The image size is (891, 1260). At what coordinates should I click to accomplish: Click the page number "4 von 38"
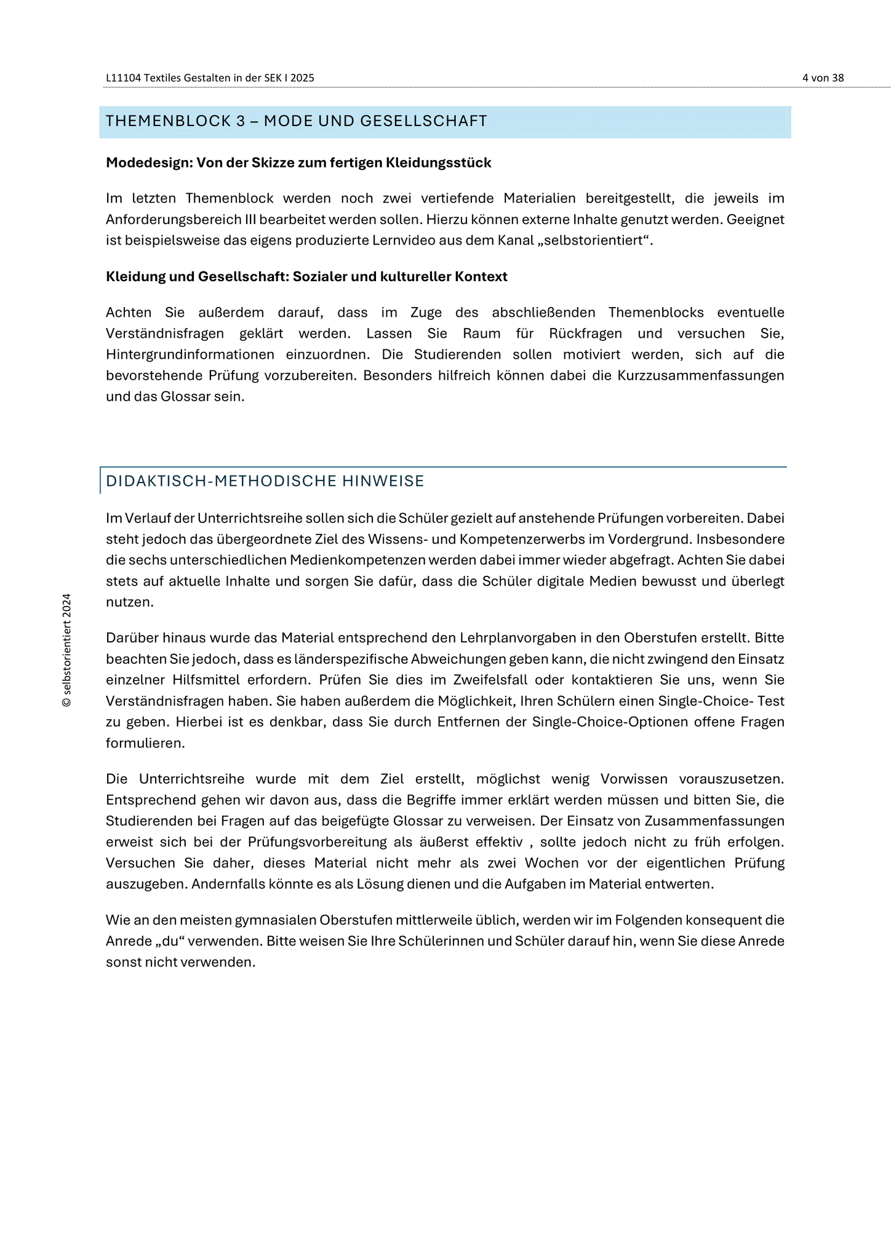823,78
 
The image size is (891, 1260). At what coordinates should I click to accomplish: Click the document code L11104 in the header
123,78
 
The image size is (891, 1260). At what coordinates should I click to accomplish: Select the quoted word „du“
158,942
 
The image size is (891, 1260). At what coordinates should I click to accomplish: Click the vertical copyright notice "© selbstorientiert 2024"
67,650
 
